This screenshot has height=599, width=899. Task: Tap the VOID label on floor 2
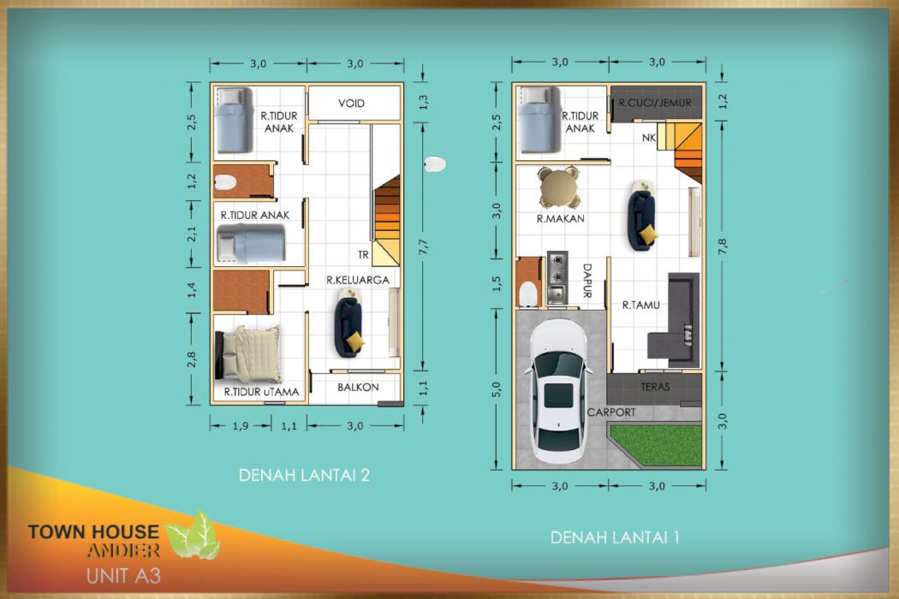point(351,104)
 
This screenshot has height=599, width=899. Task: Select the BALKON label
point(358,387)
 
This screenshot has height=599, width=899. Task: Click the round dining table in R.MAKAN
point(558,187)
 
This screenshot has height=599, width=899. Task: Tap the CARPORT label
point(611,412)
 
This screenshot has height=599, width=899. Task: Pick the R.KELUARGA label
point(358,280)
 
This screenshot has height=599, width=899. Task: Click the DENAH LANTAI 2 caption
point(304,476)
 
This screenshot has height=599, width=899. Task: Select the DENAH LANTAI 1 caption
point(615,538)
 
